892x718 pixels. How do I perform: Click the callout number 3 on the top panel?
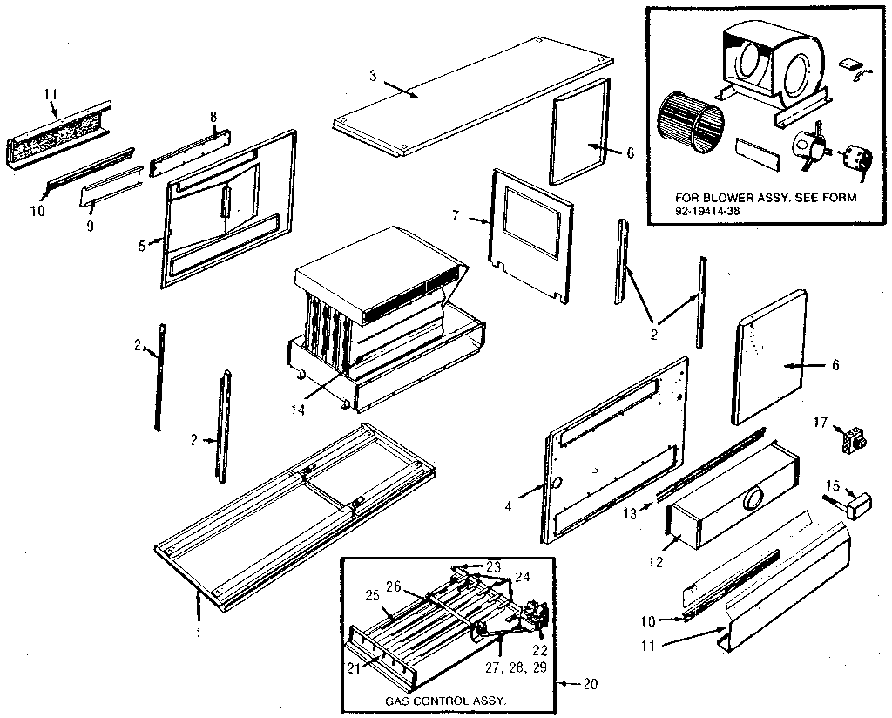click(x=373, y=76)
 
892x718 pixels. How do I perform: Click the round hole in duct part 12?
click(x=751, y=498)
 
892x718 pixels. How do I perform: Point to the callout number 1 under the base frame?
click(x=199, y=633)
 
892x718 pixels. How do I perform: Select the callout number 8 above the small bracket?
click(x=213, y=117)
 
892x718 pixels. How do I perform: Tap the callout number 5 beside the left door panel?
click(x=143, y=245)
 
